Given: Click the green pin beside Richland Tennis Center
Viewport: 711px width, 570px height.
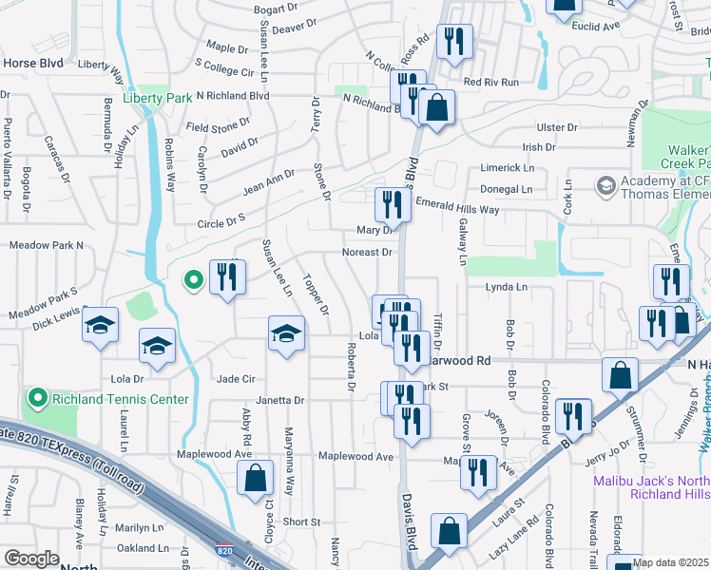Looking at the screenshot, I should point(38,398).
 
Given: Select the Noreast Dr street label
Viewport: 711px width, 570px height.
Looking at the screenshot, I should point(368,253).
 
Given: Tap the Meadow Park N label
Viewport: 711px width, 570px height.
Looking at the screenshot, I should point(47,245).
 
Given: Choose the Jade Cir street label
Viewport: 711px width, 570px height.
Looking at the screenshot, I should point(237,379).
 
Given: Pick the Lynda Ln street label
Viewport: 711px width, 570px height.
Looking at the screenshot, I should point(506,287).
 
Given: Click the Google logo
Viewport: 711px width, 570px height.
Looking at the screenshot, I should point(31,559).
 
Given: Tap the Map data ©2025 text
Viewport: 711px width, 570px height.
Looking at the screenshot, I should point(671,562).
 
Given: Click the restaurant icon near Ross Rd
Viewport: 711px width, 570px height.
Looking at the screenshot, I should point(454,41).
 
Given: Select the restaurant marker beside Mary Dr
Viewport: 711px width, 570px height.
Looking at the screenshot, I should point(392,204).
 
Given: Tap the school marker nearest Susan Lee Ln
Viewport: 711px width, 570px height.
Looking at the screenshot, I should point(286,333).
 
